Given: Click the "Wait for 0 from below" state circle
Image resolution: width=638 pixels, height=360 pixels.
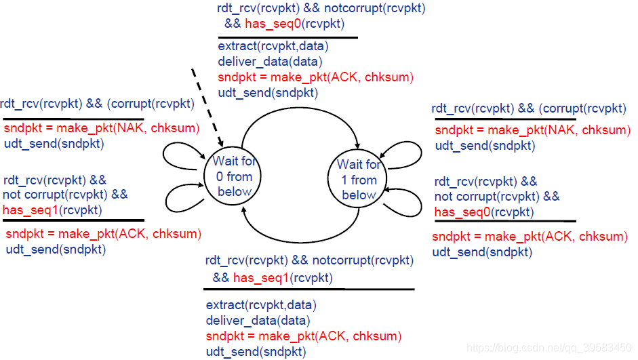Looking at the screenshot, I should click(x=234, y=176).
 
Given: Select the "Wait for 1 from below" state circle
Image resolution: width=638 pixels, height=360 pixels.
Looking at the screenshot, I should click(x=359, y=180).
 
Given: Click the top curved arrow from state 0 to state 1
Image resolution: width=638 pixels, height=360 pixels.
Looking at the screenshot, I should click(x=299, y=112).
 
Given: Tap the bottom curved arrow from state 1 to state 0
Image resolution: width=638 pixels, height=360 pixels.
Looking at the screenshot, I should click(x=298, y=239).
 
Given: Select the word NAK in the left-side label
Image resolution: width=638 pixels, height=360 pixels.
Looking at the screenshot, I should click(x=127, y=128).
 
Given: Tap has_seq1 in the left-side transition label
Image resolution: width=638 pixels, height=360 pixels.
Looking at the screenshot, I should click(x=30, y=209).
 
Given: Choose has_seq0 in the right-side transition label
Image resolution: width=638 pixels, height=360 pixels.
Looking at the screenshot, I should click(x=461, y=212).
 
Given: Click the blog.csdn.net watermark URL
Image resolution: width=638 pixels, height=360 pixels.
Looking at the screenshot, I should click(x=549, y=348).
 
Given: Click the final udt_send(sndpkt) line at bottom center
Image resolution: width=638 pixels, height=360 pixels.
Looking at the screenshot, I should click(x=256, y=351).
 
